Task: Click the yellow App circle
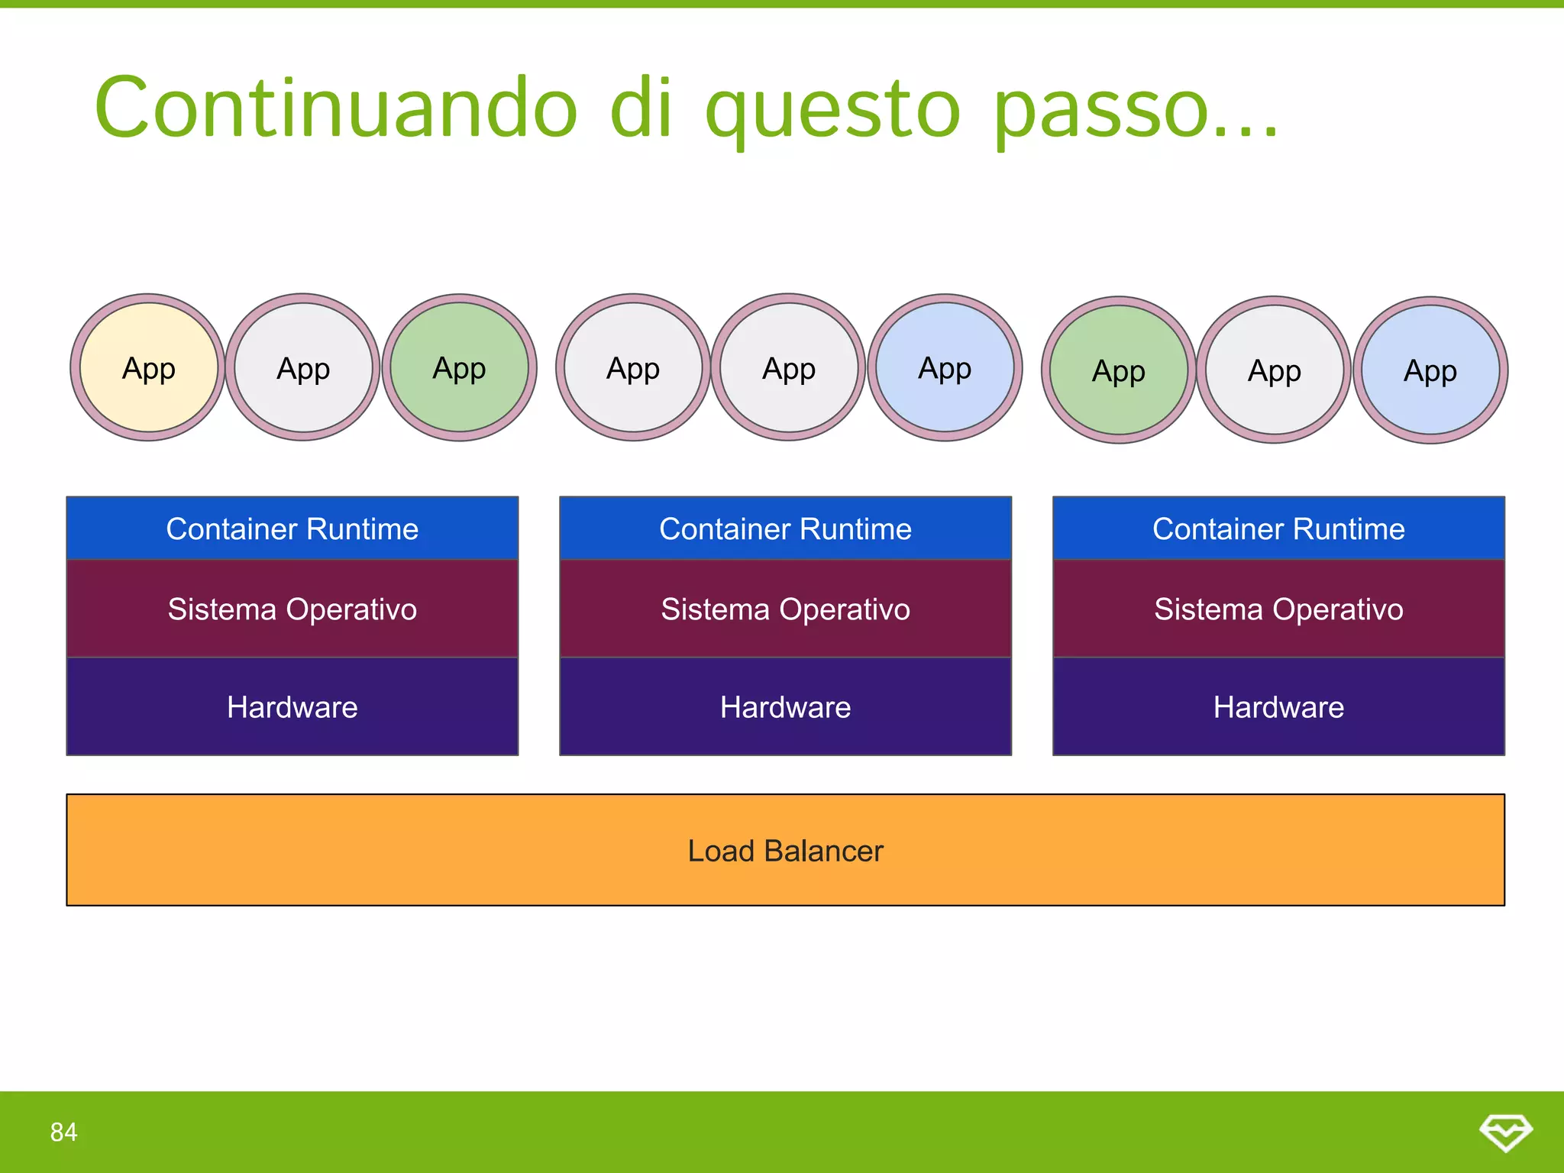[148, 367]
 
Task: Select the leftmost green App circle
[459, 367]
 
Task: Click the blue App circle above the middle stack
[945, 367]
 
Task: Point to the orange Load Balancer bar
[785, 849]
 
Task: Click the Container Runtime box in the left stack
[292, 528]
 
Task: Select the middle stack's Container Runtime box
[785, 528]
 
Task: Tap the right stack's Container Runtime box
[1278, 528]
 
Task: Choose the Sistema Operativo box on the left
[292, 609]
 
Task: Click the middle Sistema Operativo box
[785, 609]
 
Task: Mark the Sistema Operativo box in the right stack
[1278, 609]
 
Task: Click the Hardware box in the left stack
[292, 706]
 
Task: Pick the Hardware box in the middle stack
[785, 706]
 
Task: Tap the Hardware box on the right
[1278, 706]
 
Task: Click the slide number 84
[63, 1132]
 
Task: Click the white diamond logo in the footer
[1505, 1132]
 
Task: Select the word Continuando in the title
[336, 108]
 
